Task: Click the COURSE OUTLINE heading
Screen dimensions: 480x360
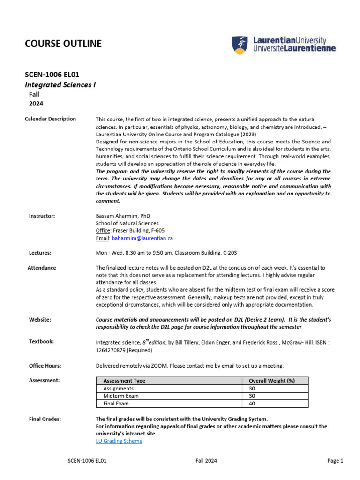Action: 63,44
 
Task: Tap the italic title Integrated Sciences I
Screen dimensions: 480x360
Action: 60,84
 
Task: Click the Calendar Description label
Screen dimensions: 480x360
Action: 50,119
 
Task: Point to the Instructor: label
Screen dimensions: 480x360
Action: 42,216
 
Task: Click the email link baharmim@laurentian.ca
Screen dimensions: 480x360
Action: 142,238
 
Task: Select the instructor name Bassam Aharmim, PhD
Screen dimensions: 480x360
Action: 122,216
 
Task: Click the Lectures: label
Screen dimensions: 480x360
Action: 40,253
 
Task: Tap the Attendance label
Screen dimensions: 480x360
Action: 42,268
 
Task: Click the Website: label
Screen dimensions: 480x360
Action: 40,319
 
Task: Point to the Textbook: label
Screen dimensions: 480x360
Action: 41,341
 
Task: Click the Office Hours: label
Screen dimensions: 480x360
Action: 45,365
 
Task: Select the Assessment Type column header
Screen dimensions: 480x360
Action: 124,381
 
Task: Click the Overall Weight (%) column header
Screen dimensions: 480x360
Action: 272,381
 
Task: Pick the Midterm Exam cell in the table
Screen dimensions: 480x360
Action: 121,396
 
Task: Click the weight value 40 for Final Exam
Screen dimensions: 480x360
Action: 252,403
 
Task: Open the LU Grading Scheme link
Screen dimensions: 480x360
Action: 119,441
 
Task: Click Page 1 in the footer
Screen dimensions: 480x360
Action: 335,461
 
